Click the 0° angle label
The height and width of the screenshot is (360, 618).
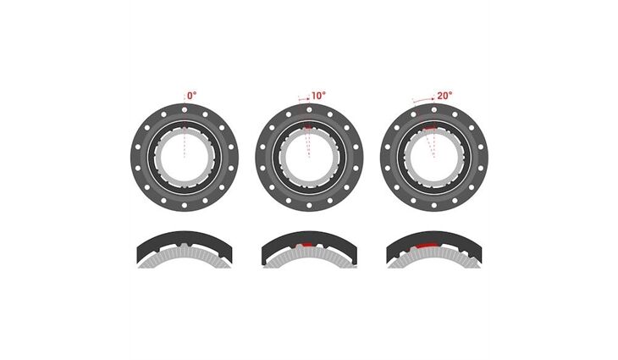(191, 96)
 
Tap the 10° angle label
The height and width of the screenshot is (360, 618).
(319, 96)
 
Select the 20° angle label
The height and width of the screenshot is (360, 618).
(444, 96)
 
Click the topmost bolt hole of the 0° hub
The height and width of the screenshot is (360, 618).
(185, 109)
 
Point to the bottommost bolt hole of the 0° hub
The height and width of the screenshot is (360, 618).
(185, 205)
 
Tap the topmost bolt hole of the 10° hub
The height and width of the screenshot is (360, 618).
(309, 109)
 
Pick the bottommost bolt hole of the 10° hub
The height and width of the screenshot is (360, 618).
(309, 205)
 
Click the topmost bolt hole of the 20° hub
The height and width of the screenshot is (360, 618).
(434, 109)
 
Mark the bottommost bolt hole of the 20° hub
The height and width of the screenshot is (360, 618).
(434, 205)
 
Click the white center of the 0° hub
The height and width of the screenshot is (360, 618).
(185, 158)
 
